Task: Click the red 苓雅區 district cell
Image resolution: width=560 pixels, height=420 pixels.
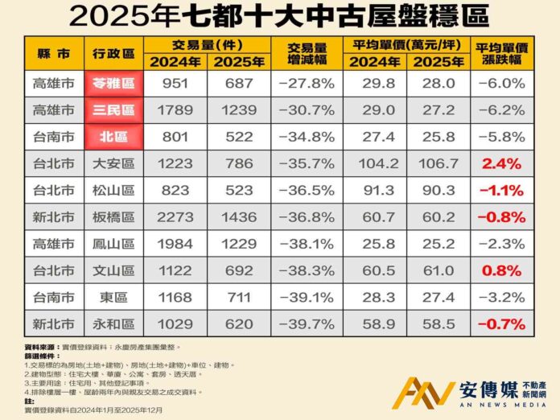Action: pos(113,84)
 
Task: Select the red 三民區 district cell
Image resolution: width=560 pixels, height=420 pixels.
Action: pos(113,110)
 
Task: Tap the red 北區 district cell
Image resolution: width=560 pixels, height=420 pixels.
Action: pos(113,137)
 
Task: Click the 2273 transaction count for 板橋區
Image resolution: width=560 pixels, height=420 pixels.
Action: pos(175,217)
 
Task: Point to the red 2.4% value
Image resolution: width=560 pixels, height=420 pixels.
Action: pos(503,164)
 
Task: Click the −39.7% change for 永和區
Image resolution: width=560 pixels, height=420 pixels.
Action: pos(305,324)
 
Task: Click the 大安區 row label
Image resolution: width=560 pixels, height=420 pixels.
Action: pos(113,164)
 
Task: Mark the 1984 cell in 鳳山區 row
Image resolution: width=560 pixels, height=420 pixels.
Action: pos(175,244)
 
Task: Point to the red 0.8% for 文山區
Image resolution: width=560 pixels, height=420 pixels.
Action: pos(503,271)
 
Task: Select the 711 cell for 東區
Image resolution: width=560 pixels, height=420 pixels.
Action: pos(239,298)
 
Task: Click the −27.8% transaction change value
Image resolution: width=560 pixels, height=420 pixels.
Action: pos(305,84)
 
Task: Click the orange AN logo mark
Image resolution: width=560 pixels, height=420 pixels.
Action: pos(427,392)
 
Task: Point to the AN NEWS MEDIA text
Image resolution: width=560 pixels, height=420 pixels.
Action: pos(492,407)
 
